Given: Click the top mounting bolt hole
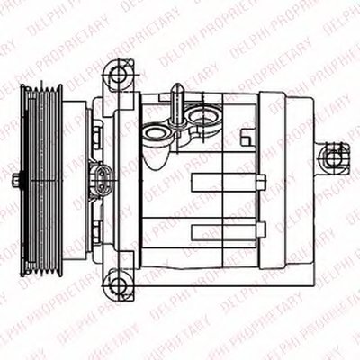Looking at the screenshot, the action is [x=118, y=75].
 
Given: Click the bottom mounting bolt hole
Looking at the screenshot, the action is [x=118, y=283].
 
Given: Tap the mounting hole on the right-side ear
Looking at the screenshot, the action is [x=333, y=158].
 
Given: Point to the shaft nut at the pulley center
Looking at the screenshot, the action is [x=16, y=179].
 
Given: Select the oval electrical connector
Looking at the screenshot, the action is [x=102, y=179].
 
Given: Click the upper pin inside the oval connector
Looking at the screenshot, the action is [x=102, y=173].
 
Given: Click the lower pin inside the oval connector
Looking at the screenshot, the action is [x=102, y=186].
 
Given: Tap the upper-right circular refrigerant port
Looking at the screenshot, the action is [x=201, y=116].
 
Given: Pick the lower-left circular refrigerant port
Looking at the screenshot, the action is [x=157, y=133].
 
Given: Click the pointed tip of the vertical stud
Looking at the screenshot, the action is [x=177, y=84].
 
